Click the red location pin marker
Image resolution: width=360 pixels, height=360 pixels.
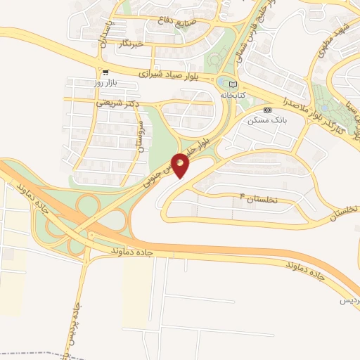(x=180, y=165)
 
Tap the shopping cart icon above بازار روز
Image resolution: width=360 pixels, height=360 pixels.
(x=105, y=72)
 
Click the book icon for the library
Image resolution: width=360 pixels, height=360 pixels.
(x=233, y=84)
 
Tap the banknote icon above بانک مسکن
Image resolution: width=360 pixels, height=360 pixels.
(x=267, y=110)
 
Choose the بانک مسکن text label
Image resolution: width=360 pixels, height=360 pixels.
(x=264, y=121)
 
